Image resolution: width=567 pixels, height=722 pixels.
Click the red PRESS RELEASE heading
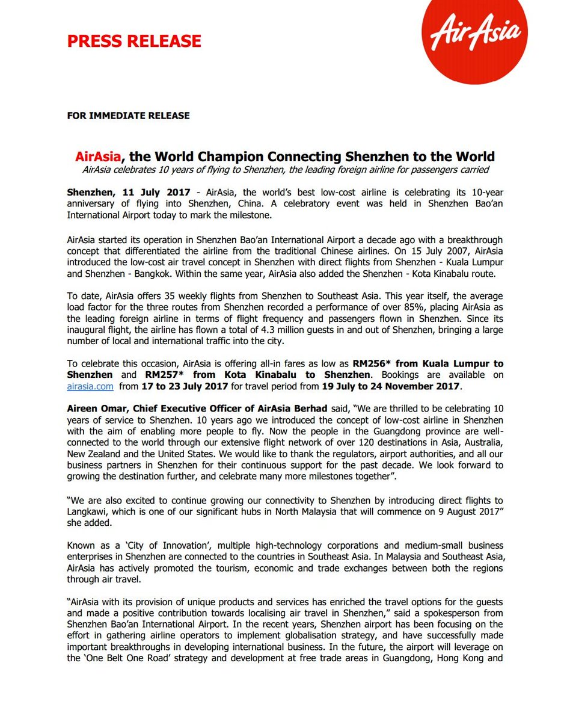click(134, 42)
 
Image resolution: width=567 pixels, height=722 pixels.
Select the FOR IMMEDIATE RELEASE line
click(129, 115)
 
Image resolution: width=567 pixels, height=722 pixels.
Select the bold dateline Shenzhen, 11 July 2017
click(129, 192)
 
